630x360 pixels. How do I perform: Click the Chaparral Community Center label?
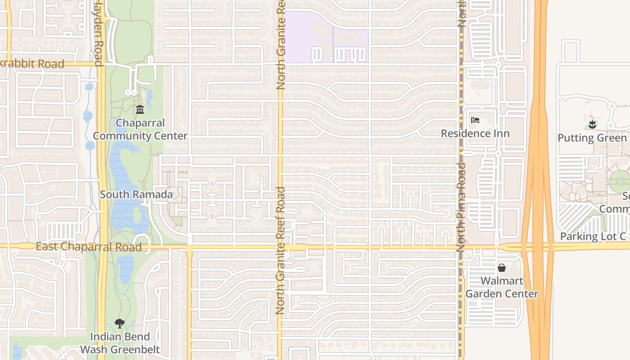click(x=140, y=129)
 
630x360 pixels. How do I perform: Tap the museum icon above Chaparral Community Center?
click(x=140, y=109)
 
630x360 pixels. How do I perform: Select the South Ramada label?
click(x=136, y=194)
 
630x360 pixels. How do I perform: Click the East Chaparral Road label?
click(x=88, y=247)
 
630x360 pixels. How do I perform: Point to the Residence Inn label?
click(x=475, y=134)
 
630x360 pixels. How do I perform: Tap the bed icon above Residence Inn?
click(x=475, y=120)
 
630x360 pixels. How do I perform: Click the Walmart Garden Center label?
click(x=502, y=287)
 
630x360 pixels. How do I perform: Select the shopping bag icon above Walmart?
click(x=502, y=268)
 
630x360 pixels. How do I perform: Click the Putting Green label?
click(x=592, y=138)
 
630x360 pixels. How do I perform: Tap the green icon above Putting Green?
click(x=592, y=124)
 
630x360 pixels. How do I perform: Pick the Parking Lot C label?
click(x=593, y=237)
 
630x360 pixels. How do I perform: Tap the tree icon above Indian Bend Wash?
click(x=119, y=323)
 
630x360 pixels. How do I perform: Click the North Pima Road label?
click(x=461, y=207)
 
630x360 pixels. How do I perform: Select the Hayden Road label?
click(x=99, y=34)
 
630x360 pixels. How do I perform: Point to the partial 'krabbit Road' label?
click(x=32, y=64)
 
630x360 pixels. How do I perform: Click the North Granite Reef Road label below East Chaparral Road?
click(x=280, y=281)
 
